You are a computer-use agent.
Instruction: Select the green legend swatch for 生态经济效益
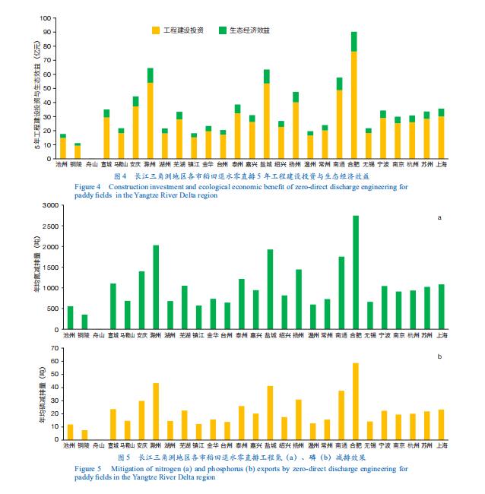coord(223,30)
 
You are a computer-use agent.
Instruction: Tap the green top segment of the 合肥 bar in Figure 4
coord(354,42)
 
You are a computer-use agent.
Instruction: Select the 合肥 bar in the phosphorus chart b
coord(354,401)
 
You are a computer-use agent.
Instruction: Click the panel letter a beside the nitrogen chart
coord(439,218)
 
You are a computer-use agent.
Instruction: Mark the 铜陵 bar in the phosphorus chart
coord(84,435)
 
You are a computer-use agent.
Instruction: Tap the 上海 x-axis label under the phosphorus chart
coord(441,446)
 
